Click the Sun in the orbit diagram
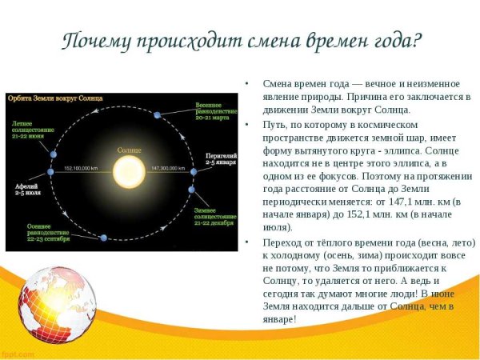tap(126, 170)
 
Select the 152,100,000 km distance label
tap(78, 170)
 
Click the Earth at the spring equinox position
tap(158, 114)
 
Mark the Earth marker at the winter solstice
tap(191, 190)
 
